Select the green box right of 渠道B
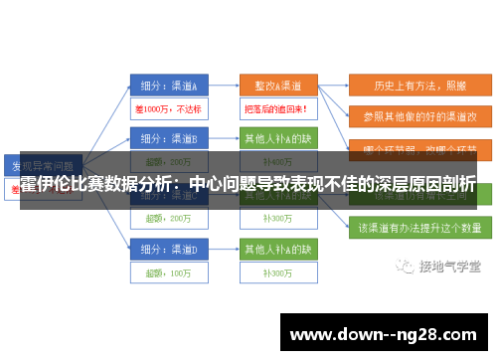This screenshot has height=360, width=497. (277, 138)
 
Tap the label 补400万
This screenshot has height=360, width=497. (277, 161)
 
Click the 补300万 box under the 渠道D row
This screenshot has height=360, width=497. (277, 270)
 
